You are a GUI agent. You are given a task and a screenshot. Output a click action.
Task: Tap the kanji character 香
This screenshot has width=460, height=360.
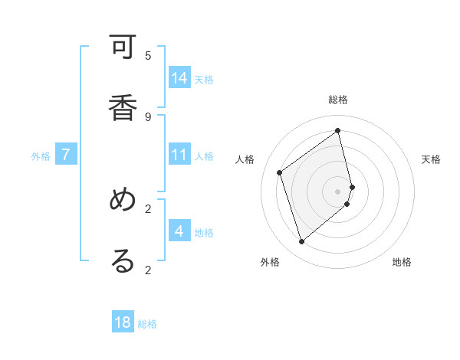123,105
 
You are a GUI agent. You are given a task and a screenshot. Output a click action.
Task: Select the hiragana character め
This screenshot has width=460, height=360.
123,201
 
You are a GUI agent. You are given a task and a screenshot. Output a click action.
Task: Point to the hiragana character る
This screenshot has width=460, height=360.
123,260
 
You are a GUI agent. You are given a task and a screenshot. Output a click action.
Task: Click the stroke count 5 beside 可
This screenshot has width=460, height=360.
148,55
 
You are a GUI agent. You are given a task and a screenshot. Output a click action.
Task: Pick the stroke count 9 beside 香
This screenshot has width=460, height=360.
148,116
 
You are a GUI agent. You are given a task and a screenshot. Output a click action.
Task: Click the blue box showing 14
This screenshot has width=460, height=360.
179,77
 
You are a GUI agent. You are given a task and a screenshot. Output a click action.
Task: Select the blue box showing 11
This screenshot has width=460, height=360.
179,155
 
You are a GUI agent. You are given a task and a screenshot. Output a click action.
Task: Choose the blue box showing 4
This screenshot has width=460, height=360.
179,231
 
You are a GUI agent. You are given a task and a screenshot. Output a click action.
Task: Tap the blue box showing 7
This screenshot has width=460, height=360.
66,155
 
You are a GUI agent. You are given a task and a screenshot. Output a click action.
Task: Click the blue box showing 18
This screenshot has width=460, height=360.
123,322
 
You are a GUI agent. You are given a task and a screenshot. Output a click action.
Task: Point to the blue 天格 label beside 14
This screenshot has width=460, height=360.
204,79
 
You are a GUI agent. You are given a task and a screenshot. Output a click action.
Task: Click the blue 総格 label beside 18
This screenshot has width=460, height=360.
147,324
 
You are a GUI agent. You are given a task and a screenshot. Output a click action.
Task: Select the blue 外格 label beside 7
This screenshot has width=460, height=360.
41,156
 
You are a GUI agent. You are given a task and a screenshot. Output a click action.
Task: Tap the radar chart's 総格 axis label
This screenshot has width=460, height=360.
338,100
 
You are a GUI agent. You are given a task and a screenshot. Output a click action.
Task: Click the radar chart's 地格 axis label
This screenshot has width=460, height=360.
402,262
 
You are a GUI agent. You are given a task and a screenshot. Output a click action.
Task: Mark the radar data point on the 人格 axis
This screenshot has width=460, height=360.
280,173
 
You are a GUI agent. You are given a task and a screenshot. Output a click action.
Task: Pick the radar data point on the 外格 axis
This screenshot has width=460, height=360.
301,242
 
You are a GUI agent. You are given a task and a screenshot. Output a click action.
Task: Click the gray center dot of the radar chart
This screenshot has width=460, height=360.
338,191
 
